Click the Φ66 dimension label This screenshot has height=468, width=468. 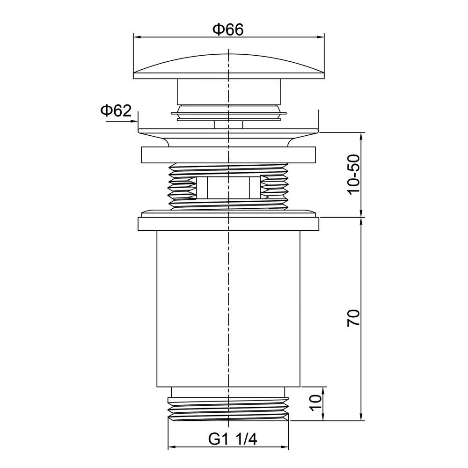228,29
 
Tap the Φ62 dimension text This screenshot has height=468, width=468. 116,111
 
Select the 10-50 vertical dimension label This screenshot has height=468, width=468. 354,174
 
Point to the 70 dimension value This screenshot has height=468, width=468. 354,318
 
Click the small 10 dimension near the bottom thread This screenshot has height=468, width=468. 316,403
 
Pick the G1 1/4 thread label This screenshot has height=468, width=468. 232,439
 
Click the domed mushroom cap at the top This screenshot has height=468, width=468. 228,66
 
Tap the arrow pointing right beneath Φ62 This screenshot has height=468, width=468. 122,121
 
